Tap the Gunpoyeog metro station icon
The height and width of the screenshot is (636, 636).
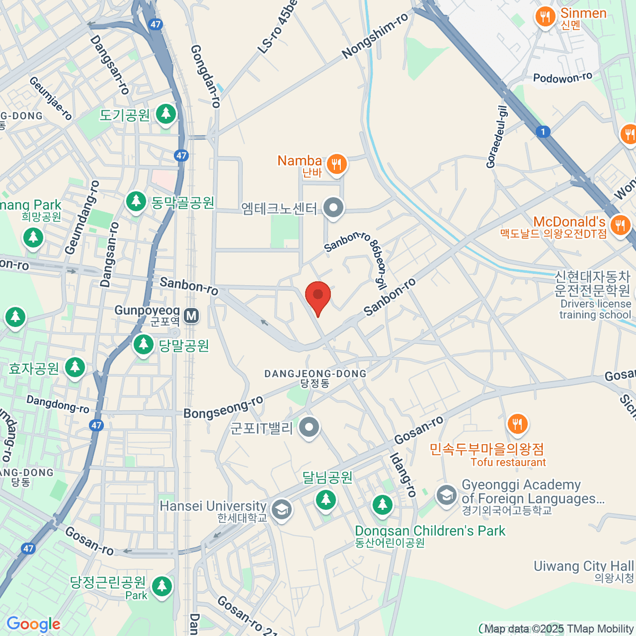pyautogui.click(x=191, y=316)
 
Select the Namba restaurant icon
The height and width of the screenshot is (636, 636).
pyautogui.click(x=336, y=164)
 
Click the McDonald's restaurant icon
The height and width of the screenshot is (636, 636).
pyautogui.click(x=619, y=225)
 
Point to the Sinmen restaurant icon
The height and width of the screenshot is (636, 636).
pyautogui.click(x=545, y=17)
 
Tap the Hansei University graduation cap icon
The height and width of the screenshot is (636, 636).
pyautogui.click(x=281, y=510)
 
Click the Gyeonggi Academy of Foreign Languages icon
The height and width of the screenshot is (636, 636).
pyautogui.click(x=446, y=496)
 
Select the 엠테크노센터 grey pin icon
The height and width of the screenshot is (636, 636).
pyautogui.click(x=333, y=208)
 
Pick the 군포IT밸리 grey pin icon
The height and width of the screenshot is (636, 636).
pyautogui.click(x=309, y=427)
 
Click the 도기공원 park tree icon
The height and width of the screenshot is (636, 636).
pyautogui.click(x=166, y=113)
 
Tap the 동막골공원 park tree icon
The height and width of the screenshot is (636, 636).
pyautogui.click(x=136, y=201)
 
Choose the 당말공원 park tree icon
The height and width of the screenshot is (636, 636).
pyautogui.click(x=143, y=345)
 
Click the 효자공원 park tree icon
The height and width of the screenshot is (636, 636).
pyautogui.click(x=75, y=367)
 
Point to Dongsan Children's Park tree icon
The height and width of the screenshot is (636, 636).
pyautogui.click(x=382, y=505)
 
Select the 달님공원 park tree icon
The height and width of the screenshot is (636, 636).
pyautogui.click(x=325, y=500)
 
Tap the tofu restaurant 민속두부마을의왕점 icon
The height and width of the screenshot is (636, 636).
pyautogui.click(x=517, y=424)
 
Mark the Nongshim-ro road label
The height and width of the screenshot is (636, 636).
pyautogui.click(x=375, y=36)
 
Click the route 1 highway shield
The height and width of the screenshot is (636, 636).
pyautogui.click(x=543, y=132)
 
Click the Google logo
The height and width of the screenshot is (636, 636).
pyautogui.click(x=33, y=624)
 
